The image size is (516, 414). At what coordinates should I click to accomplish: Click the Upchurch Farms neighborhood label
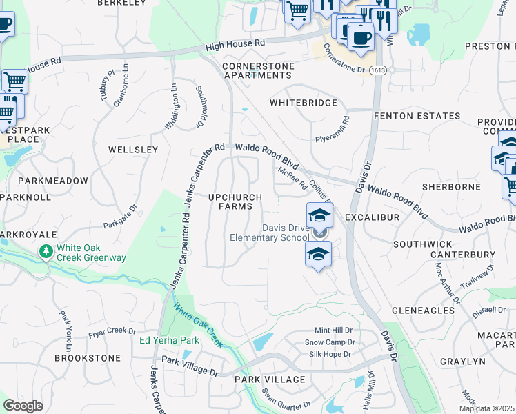click(235, 201)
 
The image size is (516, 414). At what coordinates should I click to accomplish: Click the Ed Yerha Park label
click(169, 340)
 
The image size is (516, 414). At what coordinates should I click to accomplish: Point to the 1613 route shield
click(377, 70)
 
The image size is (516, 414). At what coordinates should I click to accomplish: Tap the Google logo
click(23, 405)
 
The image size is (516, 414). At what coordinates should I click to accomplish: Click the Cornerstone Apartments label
click(257, 70)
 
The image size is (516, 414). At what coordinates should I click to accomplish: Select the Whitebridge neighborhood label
click(304, 103)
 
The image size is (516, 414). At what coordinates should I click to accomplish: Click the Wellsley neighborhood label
click(133, 149)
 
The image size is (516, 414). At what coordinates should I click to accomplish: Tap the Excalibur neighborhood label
click(373, 217)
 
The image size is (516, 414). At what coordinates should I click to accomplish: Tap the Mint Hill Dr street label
click(333, 331)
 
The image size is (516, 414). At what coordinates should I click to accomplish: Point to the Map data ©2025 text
click(487, 408)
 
